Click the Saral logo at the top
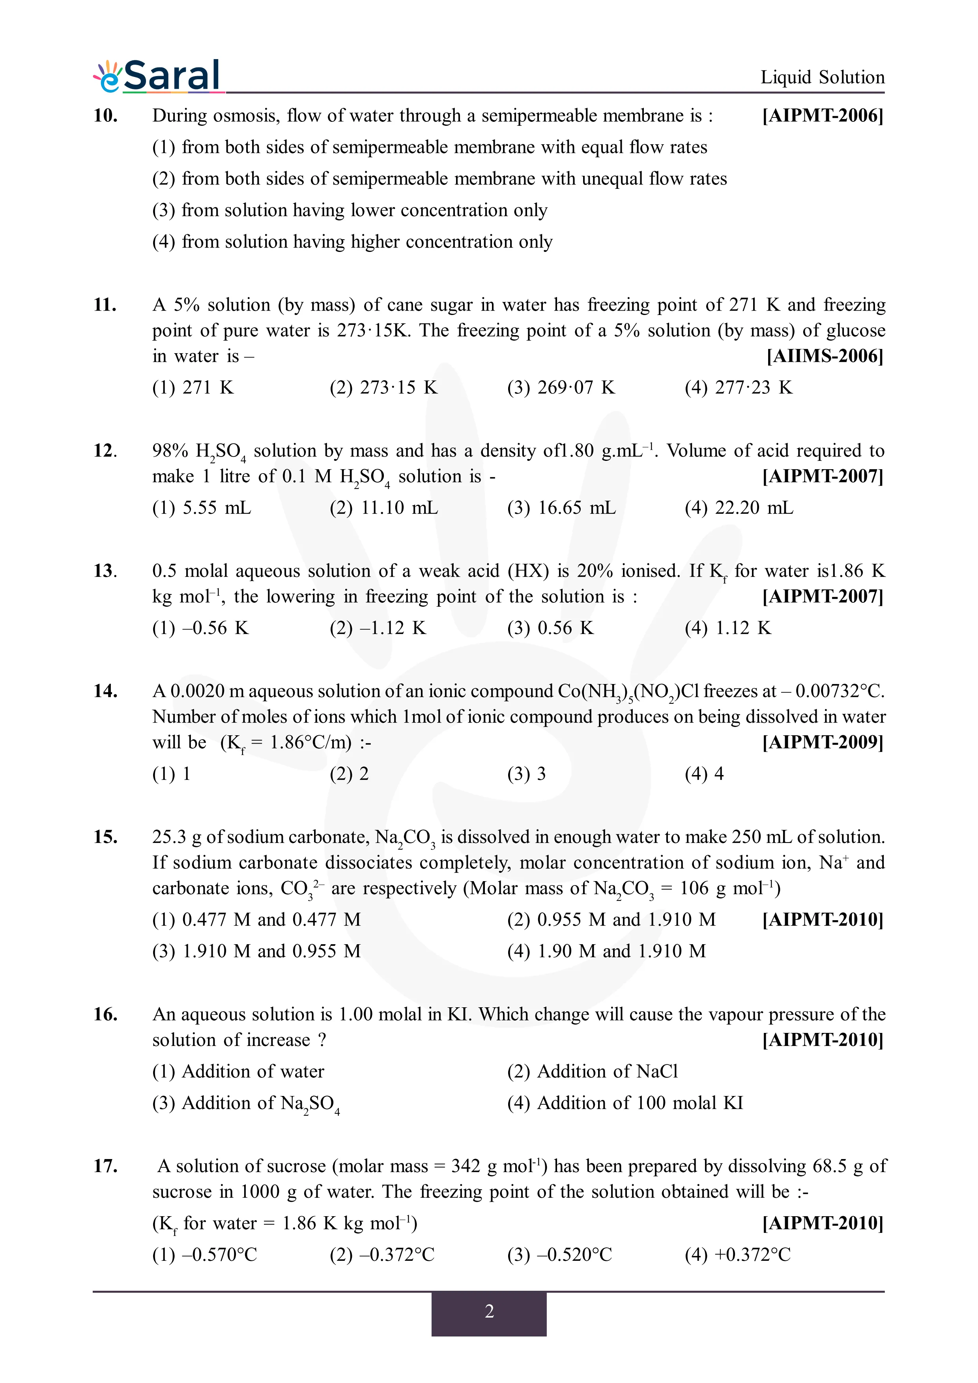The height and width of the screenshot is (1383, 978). click(158, 76)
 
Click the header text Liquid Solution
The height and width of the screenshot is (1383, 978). click(822, 77)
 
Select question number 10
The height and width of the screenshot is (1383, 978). click(105, 115)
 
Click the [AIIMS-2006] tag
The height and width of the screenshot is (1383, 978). click(825, 356)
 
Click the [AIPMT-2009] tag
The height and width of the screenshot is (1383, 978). click(823, 742)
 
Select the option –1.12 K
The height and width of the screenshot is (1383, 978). click(378, 628)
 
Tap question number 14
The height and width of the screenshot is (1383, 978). click(105, 691)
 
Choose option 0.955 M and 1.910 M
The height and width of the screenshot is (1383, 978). click(611, 920)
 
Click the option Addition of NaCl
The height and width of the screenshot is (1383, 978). click(592, 1072)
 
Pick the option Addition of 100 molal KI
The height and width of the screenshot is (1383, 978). click(625, 1103)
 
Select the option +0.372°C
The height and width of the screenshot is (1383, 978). click(737, 1255)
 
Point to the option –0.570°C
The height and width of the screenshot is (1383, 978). click(204, 1255)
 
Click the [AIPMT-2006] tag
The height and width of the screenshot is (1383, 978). click(823, 115)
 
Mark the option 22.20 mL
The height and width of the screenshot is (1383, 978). click(739, 508)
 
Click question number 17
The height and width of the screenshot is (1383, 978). click(105, 1166)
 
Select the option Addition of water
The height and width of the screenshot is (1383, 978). click(238, 1072)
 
